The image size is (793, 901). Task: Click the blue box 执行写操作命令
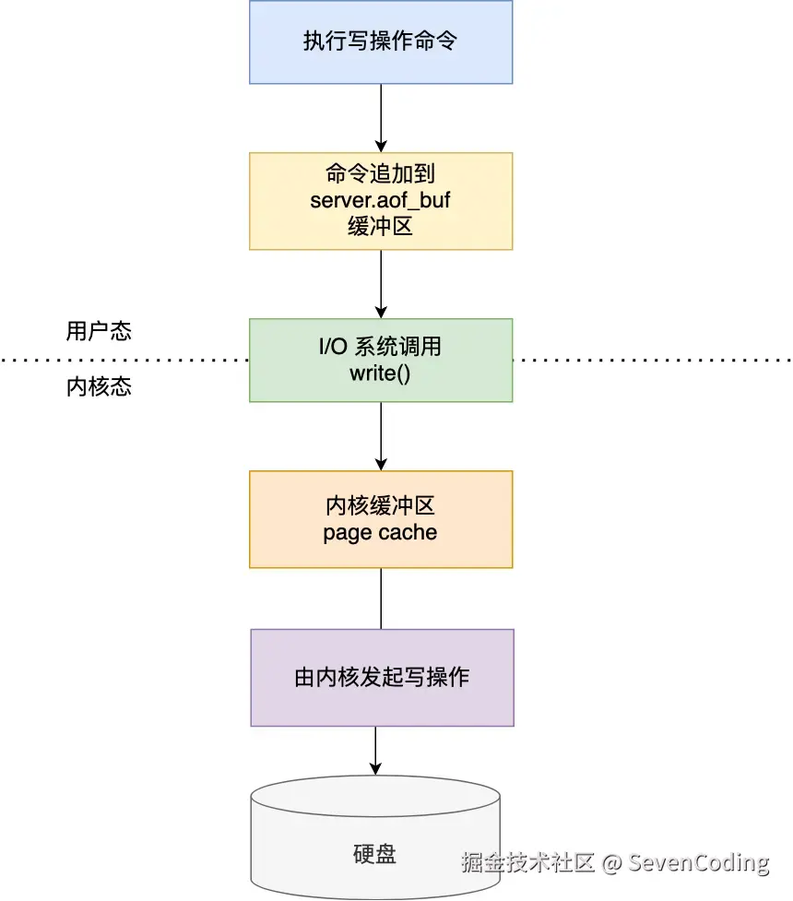click(381, 41)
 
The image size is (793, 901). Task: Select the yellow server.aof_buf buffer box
click(381, 200)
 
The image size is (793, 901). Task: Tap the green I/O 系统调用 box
click(381, 360)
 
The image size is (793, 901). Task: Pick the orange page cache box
click(381, 519)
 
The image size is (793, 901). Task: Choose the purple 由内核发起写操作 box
click(381, 678)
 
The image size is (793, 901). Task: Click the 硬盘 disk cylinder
click(374, 844)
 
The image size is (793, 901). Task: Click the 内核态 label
click(99, 386)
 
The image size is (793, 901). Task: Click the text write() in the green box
click(380, 373)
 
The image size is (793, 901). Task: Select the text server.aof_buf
click(380, 200)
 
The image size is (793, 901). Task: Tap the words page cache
click(380, 533)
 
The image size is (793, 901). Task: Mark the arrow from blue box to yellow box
click(381, 118)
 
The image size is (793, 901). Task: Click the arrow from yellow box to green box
click(381, 284)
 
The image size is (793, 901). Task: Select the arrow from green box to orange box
click(381, 436)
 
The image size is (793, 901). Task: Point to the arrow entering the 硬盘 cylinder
click(375, 751)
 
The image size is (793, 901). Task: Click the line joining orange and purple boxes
click(381, 599)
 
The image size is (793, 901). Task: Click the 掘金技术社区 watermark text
click(528, 863)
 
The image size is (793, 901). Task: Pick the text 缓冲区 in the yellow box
click(380, 226)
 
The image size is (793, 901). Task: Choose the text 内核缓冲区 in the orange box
click(380, 506)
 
